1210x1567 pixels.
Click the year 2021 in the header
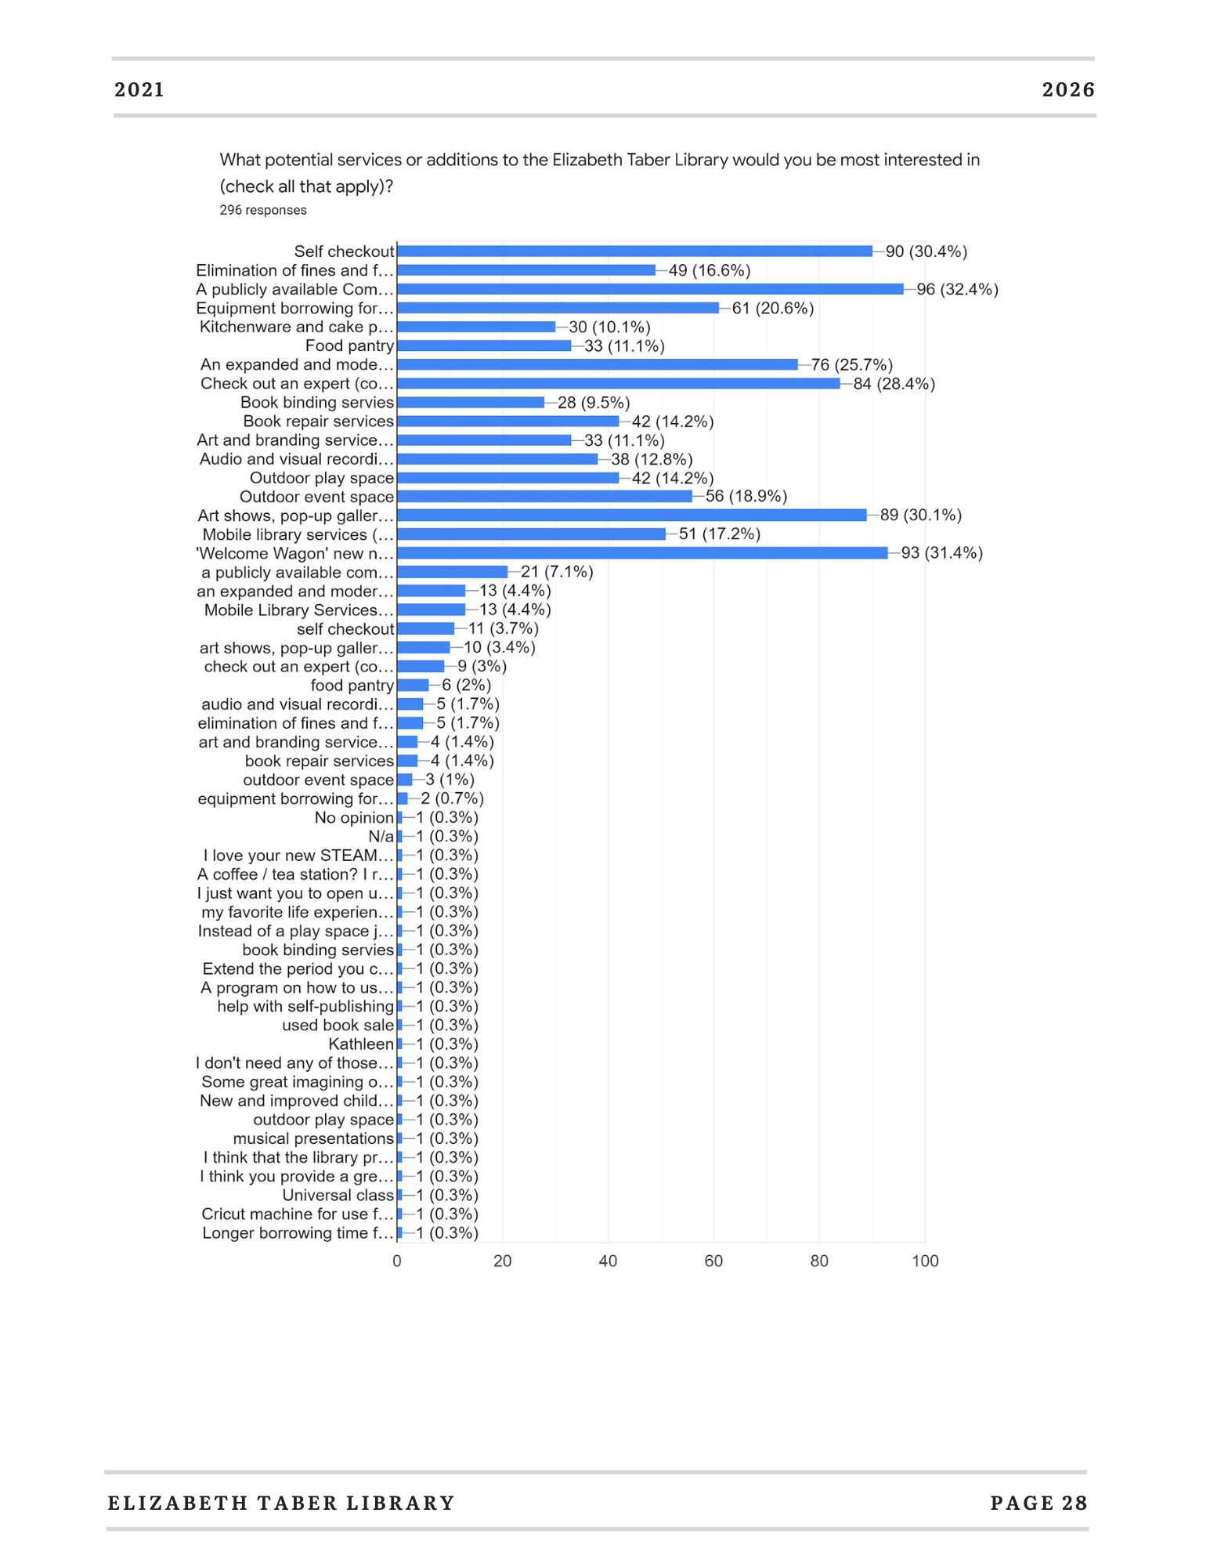pyautogui.click(x=139, y=90)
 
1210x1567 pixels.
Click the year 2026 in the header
pyautogui.click(x=1068, y=90)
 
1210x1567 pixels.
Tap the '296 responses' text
pyautogui.click(x=263, y=210)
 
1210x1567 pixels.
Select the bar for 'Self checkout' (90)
pyautogui.click(x=634, y=252)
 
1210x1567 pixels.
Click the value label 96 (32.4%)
pyautogui.click(x=957, y=289)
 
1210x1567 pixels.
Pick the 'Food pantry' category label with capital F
pyautogui.click(x=349, y=346)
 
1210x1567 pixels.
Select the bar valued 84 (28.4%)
pyautogui.click(x=619, y=384)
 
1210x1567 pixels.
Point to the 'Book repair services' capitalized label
pyautogui.click(x=319, y=422)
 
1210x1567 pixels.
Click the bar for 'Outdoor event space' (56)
pyautogui.click(x=544, y=497)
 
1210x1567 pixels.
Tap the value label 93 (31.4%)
pyautogui.click(x=941, y=553)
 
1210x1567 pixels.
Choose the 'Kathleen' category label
pyautogui.click(x=361, y=1044)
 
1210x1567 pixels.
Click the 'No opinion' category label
pyautogui.click(x=354, y=818)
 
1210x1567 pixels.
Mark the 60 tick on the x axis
pyautogui.click(x=713, y=1261)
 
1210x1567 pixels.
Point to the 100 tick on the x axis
pyautogui.click(x=925, y=1261)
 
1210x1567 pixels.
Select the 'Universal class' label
pyautogui.click(x=338, y=1196)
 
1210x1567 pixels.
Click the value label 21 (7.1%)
pyautogui.click(x=557, y=572)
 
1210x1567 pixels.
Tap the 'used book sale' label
pyautogui.click(x=338, y=1026)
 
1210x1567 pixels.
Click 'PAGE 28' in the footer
pyautogui.click(x=1039, y=1503)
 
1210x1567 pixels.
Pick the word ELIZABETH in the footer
pyautogui.click(x=176, y=1503)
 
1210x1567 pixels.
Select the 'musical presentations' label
pyautogui.click(x=313, y=1138)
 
